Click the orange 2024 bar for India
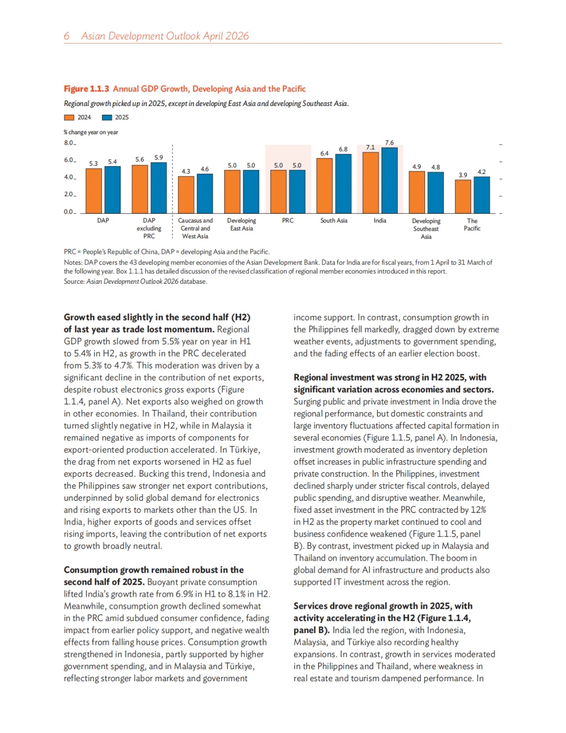click(371, 182)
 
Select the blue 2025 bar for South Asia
click(343, 184)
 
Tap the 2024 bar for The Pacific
click(463, 197)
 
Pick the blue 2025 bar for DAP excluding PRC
click(159, 188)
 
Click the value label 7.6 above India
click(389, 143)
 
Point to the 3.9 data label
click(463, 175)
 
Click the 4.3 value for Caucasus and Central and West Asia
click(186, 171)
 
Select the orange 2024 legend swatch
click(69, 117)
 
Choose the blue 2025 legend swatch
click(107, 117)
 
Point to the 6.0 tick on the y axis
click(69, 160)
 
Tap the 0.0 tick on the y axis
click(69, 212)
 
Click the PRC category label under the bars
click(288, 221)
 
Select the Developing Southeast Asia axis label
click(426, 229)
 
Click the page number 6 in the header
click(67, 36)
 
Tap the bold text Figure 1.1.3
click(86, 89)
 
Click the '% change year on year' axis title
click(91, 132)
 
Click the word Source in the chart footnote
click(74, 282)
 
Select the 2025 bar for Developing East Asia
click(251, 191)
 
